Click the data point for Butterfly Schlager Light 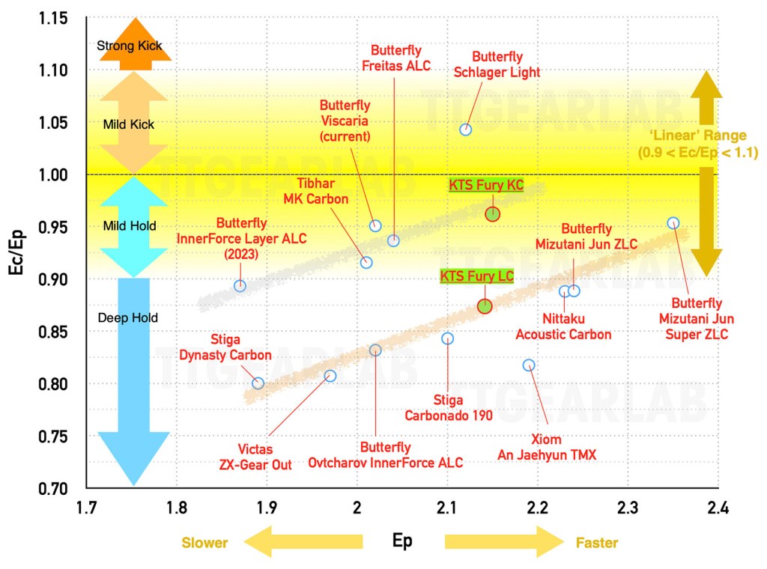(465, 130)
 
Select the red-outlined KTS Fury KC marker (492, 214)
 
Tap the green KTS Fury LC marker (485, 305)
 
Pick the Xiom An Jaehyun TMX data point (529, 365)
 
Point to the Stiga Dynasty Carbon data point (258, 383)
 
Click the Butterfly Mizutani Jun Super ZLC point (673, 223)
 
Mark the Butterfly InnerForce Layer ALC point (240, 285)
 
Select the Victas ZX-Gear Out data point (330, 376)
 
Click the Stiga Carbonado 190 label (447, 408)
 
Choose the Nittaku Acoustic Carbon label (563, 327)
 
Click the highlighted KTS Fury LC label (476, 276)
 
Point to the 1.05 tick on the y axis (52, 123)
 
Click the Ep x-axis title (402, 541)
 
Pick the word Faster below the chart (597, 542)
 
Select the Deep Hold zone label (127, 318)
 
